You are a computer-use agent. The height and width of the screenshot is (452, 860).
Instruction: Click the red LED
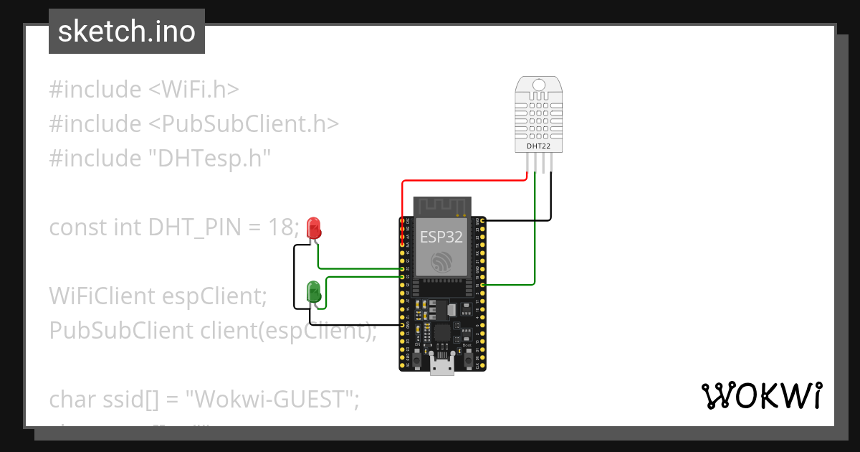(x=313, y=228)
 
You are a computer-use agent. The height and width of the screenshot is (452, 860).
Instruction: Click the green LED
(x=313, y=291)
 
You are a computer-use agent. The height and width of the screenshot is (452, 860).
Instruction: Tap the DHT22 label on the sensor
(x=539, y=146)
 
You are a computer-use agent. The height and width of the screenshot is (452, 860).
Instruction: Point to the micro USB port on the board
(x=442, y=365)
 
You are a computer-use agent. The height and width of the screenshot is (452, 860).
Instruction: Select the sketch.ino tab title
(x=126, y=32)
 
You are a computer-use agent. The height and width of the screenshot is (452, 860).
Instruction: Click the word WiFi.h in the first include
(x=193, y=90)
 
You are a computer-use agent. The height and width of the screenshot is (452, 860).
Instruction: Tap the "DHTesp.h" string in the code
(x=208, y=158)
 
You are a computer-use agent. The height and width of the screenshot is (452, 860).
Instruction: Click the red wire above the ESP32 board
(x=466, y=181)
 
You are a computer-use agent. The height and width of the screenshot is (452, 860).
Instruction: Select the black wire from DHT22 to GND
(x=551, y=201)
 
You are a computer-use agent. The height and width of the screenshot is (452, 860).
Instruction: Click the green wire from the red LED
(x=358, y=269)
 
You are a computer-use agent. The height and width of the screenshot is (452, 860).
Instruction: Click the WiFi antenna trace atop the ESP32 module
(x=441, y=206)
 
